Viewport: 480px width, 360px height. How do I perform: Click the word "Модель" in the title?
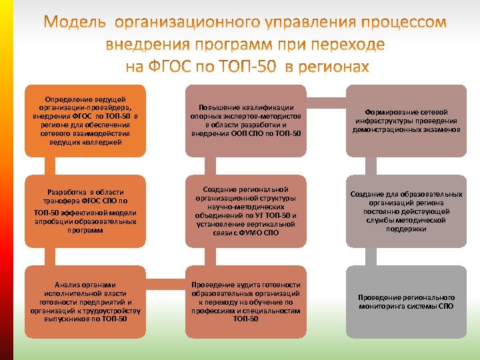click(x=75, y=23)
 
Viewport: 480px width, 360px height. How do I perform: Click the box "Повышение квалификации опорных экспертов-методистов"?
click(x=245, y=120)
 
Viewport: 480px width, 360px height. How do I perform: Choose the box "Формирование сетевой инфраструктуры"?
click(x=405, y=120)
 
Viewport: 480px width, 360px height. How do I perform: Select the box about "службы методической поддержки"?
click(x=405, y=211)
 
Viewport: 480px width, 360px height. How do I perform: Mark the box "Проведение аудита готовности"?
click(x=245, y=301)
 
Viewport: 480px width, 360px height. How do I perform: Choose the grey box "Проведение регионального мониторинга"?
click(x=405, y=301)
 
